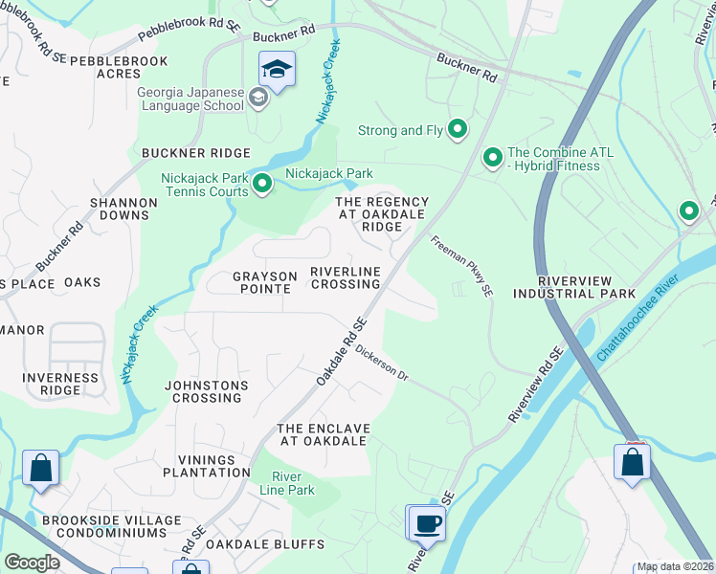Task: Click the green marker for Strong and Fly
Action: [459, 129]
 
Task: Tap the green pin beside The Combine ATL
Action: [493, 156]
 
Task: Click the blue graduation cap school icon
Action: [277, 70]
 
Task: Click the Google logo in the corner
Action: [32, 563]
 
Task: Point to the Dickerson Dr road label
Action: [382, 364]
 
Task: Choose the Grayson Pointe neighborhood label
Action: [265, 282]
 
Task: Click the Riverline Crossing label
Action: [345, 278]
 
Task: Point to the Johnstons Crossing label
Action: [207, 392]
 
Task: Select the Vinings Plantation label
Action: [207, 466]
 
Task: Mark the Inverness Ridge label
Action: [61, 384]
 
